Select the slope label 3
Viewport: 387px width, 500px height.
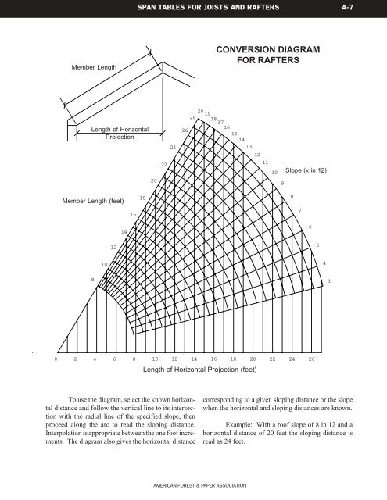click(x=329, y=280)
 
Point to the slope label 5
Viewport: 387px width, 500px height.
click(x=317, y=245)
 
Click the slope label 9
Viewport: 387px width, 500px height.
click(x=282, y=182)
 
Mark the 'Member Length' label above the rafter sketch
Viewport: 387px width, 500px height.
click(x=94, y=67)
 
